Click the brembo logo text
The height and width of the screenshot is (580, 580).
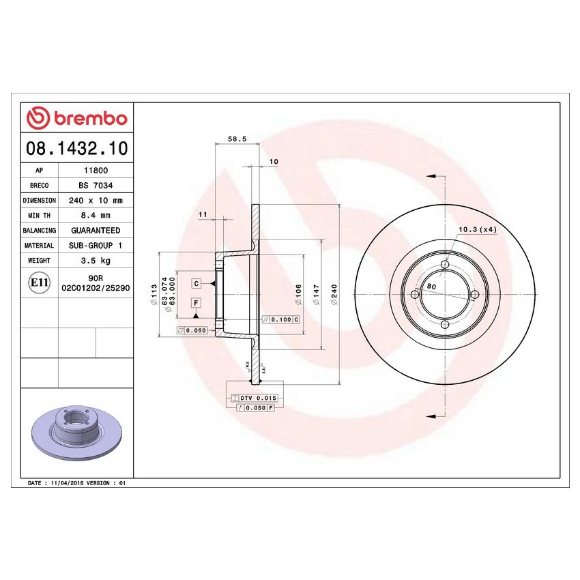[76, 118]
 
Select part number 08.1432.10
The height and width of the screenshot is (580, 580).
[76, 147]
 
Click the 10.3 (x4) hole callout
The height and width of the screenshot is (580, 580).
[477, 229]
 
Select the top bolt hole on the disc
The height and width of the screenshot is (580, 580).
[445, 265]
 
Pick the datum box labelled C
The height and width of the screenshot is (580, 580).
[196, 282]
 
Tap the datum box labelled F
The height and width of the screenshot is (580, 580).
[196, 302]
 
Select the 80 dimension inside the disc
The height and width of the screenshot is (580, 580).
[431, 287]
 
